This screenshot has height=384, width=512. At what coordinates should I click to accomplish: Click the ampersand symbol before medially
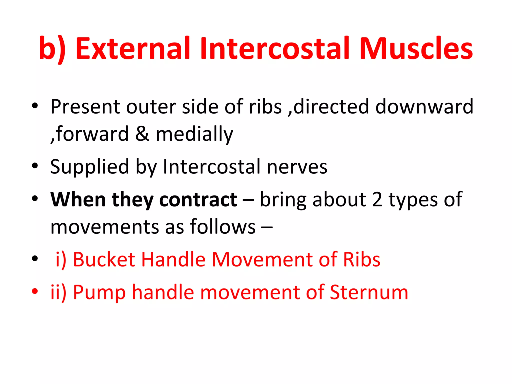[x=142, y=134]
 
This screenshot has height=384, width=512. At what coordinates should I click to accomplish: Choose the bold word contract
[x=198, y=200]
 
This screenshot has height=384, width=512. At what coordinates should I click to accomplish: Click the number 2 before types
[x=377, y=200]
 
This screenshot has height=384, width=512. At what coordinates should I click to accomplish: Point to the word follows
[x=223, y=227]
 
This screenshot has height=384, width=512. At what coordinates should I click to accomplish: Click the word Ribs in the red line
[x=361, y=259]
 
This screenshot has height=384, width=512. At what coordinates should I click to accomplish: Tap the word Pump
[x=99, y=292]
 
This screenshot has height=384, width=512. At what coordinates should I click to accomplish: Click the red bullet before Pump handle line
[x=35, y=291]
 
